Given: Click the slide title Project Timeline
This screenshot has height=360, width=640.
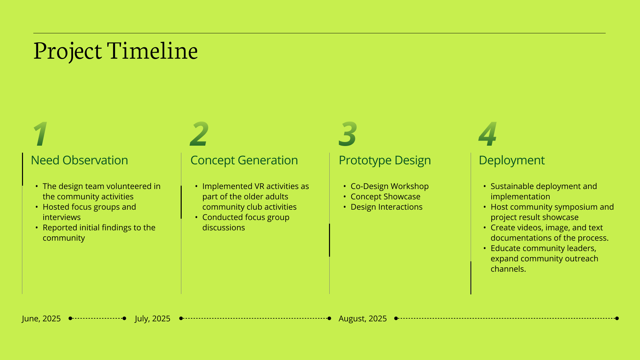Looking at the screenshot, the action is pyautogui.click(x=116, y=51).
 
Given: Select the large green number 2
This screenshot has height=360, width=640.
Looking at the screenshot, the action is pyautogui.click(x=199, y=134).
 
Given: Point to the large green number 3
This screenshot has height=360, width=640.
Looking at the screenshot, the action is pyautogui.click(x=348, y=134).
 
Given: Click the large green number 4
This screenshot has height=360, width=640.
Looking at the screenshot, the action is pyautogui.click(x=488, y=134).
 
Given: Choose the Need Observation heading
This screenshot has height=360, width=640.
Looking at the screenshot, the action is pyautogui.click(x=79, y=160).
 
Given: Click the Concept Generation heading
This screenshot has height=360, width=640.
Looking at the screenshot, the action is pyautogui.click(x=244, y=160).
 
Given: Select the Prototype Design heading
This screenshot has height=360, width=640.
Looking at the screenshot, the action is pyautogui.click(x=385, y=160).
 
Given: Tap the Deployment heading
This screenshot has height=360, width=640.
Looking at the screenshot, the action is pyautogui.click(x=512, y=160).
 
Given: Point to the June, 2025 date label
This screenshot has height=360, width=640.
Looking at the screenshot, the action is pyautogui.click(x=41, y=319).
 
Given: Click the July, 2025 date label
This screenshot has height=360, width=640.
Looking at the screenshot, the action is pyautogui.click(x=153, y=319).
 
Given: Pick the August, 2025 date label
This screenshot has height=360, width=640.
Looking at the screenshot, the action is pyautogui.click(x=363, y=319).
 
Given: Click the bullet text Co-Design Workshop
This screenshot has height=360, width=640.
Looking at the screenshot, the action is pyautogui.click(x=390, y=186).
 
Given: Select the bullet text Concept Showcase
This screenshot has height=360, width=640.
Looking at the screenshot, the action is pyautogui.click(x=385, y=197).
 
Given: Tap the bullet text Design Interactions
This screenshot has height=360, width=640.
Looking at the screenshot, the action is pyautogui.click(x=387, y=207).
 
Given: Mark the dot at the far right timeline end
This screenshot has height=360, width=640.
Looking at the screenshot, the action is pyautogui.click(x=617, y=318).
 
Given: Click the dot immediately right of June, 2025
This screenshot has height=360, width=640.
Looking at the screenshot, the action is pyautogui.click(x=70, y=318).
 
